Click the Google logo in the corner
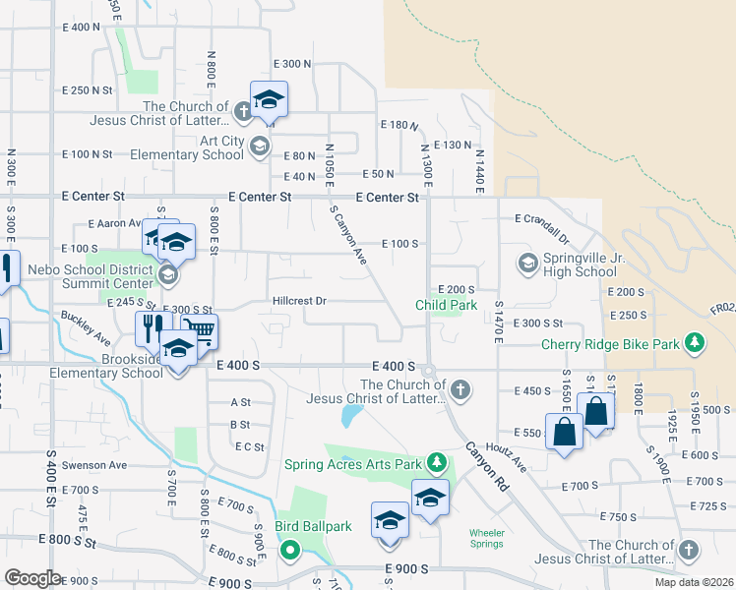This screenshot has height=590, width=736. [x=31, y=578]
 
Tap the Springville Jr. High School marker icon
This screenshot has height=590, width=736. [x=527, y=263]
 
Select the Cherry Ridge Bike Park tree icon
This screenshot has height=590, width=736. [x=696, y=343]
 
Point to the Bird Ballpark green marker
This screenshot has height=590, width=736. [x=290, y=550]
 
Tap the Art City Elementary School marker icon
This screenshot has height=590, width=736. [x=259, y=147]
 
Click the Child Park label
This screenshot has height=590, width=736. [x=447, y=305]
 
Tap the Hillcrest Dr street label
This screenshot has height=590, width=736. [x=299, y=301]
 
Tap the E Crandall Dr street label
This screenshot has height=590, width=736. [x=542, y=228]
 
